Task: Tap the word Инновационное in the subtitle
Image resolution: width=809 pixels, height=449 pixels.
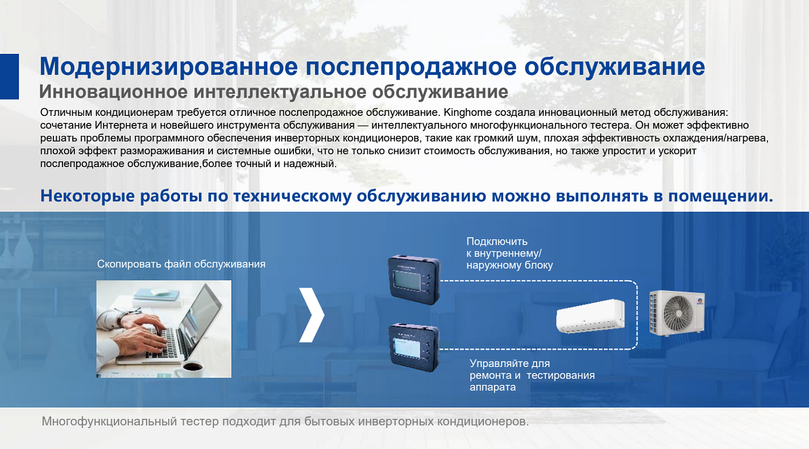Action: (113, 92)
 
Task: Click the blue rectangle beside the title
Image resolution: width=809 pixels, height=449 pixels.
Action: (9, 77)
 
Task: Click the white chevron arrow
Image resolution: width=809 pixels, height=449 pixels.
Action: (312, 315)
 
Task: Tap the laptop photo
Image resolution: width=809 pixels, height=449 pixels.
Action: (164, 329)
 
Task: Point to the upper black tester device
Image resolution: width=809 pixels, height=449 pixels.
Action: (414, 280)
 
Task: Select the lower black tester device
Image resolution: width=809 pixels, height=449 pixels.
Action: (414, 348)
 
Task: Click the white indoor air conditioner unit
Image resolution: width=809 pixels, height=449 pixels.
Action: (591, 316)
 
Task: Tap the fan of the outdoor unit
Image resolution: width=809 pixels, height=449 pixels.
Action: (678, 314)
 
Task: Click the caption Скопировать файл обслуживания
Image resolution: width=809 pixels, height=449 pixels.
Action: (181, 264)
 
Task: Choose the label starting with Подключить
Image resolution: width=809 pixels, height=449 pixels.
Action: (509, 253)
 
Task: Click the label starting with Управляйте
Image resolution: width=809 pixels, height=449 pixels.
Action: (532, 375)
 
